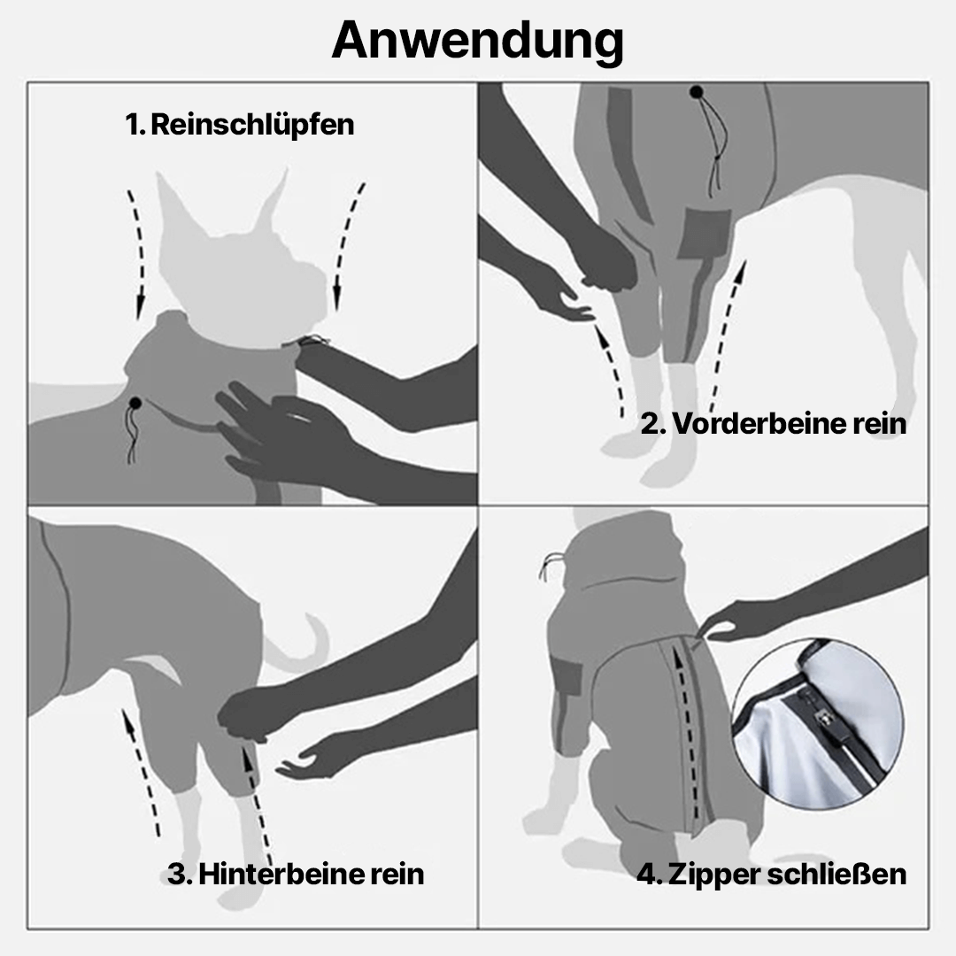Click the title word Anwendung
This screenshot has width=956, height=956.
coord(478,40)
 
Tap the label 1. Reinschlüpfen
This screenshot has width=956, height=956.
coord(240,124)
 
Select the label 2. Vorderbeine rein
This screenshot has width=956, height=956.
coord(774,423)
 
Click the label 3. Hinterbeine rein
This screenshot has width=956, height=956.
coord(296,874)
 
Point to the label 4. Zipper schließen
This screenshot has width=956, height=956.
coord(771,874)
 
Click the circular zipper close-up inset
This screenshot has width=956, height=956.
coord(818,725)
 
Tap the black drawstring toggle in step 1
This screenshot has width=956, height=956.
coord(135,404)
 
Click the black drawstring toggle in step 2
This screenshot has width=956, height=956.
coord(698,91)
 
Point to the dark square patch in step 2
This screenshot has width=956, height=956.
coord(704,232)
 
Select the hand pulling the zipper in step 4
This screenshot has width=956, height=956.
coord(735,620)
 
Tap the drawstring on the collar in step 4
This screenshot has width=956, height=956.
coord(551,567)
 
